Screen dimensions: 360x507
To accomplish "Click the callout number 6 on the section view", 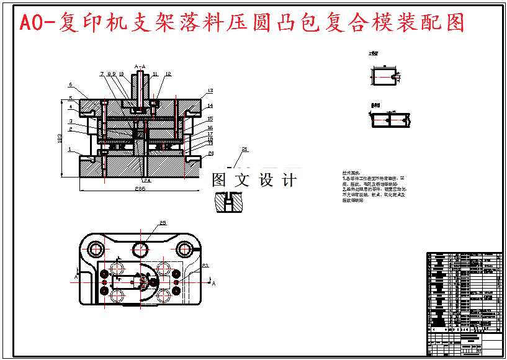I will coord(71,84).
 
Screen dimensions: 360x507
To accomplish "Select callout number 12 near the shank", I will coord(168,74).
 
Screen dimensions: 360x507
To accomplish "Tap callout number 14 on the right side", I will coord(210,106).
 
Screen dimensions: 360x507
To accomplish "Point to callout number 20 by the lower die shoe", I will coord(210,153).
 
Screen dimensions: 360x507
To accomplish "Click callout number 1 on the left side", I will coord(71,149).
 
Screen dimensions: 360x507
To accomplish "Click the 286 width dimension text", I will coord(140,189).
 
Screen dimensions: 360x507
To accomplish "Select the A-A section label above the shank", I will coord(140,66).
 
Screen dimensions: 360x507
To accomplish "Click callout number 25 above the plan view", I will coord(163,222).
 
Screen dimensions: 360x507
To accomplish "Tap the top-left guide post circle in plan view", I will coord(96,249).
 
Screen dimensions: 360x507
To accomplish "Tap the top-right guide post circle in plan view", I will coord(184,249).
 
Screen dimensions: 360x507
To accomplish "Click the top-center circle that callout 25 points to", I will coord(140,249).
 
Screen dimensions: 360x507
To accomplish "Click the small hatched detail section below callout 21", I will coord(228,203).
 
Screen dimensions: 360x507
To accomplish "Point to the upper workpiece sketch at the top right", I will coord(384,76).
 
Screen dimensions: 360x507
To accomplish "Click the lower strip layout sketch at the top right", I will coord(391,120).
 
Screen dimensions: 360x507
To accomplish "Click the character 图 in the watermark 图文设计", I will coord(219,181).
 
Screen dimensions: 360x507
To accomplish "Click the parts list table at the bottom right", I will coord(464,292).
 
